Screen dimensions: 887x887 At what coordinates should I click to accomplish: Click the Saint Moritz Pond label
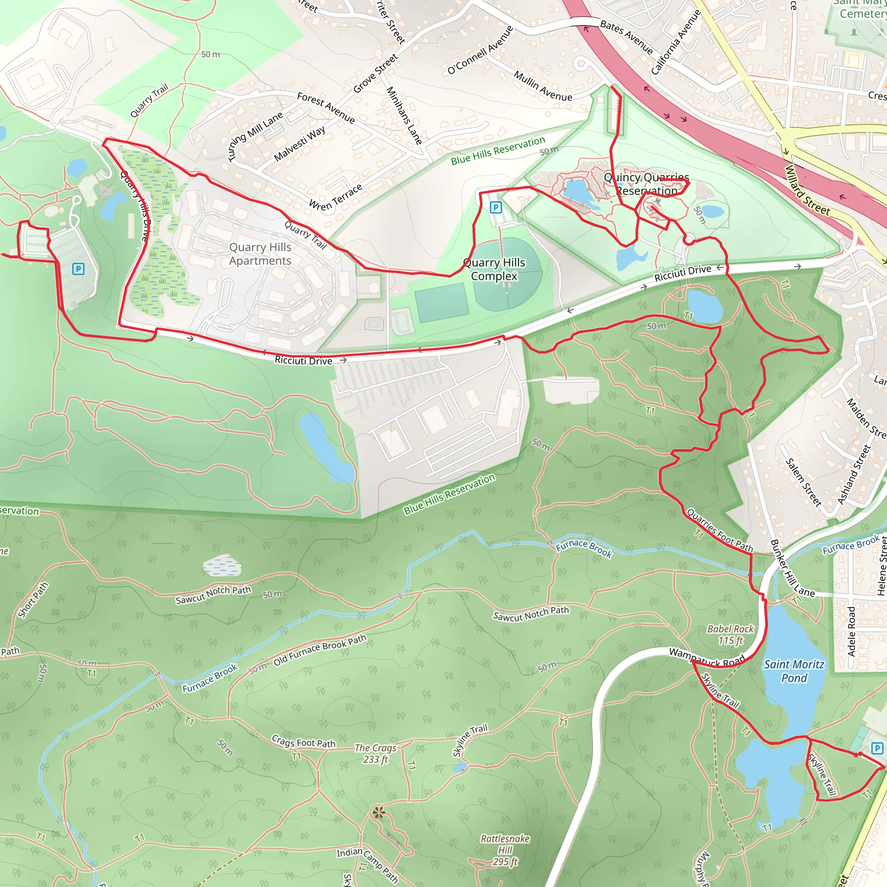tap(794, 671)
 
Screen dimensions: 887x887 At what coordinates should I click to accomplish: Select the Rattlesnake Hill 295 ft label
tap(505, 850)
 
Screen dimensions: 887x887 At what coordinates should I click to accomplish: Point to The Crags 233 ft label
tap(376, 754)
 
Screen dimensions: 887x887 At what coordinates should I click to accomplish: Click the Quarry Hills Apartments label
tap(260, 254)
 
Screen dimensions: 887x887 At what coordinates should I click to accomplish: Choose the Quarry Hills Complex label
tap(494, 269)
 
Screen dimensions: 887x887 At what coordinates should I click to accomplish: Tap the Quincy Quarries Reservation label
tap(647, 184)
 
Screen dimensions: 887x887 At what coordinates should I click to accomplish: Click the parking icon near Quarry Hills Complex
tap(496, 207)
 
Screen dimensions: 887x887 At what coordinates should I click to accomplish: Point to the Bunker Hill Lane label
tap(792, 569)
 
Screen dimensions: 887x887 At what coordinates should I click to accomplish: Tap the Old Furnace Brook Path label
tap(320, 650)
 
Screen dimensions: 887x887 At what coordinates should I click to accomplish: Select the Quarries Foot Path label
tap(719, 530)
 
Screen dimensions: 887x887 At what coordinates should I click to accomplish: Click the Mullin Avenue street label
tap(543, 86)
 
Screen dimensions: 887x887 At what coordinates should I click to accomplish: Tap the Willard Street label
tap(807, 190)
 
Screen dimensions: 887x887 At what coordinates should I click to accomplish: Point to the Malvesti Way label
tap(299, 143)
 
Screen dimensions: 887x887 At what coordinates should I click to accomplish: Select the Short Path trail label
tap(33, 600)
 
